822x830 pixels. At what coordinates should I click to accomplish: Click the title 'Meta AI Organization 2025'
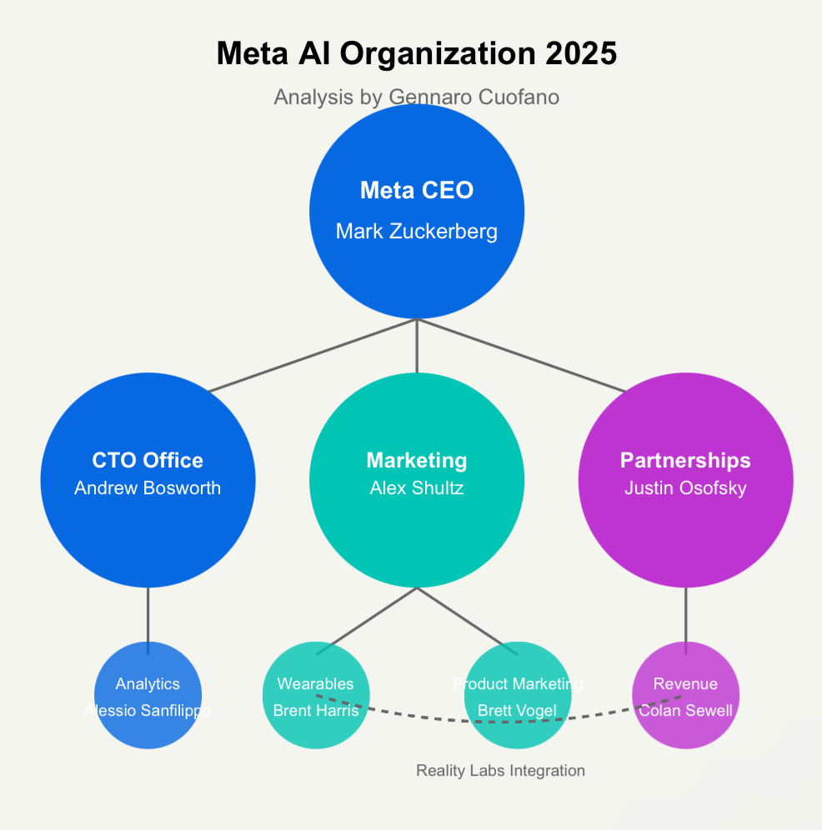(416, 54)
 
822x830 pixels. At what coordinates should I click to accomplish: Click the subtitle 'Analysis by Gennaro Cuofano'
(416, 97)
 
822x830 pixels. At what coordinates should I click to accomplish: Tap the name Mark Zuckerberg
(416, 232)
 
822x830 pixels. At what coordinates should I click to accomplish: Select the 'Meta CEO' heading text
(416, 191)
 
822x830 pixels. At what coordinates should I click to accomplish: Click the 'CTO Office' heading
(148, 460)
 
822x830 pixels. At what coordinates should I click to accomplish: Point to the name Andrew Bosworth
(148, 488)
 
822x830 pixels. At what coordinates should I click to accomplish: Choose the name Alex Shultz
(416, 488)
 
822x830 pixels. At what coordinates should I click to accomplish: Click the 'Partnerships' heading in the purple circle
(685, 460)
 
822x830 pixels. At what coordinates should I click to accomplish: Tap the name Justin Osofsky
(685, 488)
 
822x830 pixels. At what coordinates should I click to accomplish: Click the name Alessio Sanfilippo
(148, 711)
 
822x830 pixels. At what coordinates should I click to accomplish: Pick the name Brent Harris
(316, 711)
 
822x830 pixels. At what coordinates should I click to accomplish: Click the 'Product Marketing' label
(517, 684)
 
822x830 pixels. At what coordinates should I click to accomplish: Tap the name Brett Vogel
(517, 711)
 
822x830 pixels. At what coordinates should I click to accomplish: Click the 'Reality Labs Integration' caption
(500, 771)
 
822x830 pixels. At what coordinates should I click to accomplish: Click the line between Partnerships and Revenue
(685, 615)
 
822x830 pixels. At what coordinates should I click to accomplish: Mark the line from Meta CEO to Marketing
(416, 346)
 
